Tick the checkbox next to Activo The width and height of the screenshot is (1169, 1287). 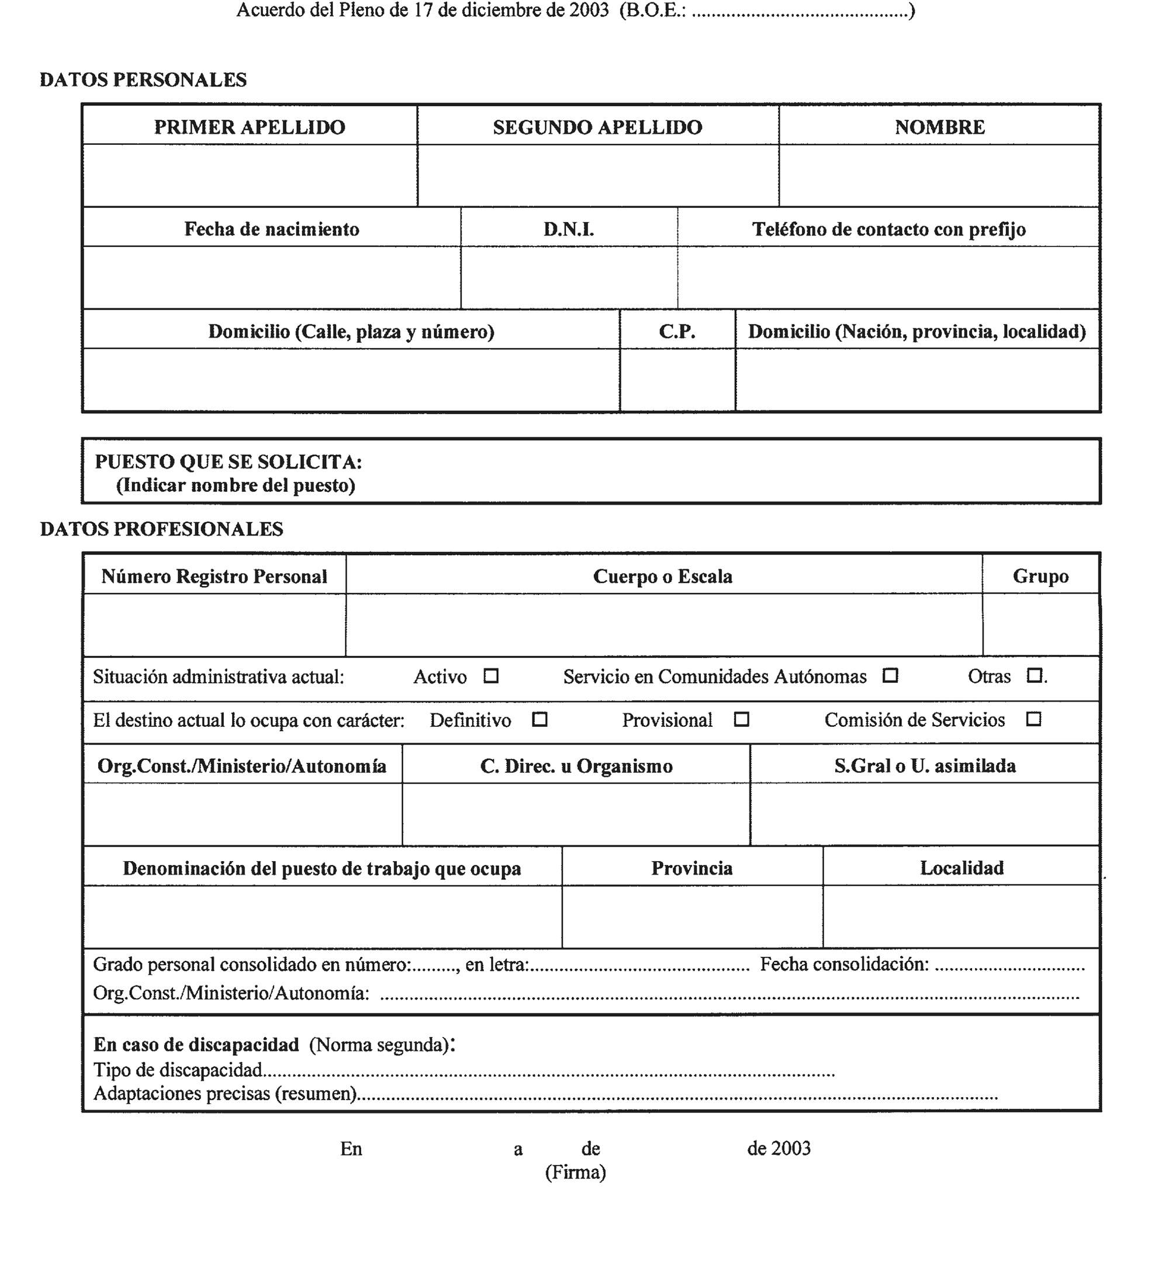coord(490,675)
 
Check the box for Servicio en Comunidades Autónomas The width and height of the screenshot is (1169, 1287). coord(890,675)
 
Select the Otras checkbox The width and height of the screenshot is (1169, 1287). coord(1034,675)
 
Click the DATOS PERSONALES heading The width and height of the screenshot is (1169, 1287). coord(143,80)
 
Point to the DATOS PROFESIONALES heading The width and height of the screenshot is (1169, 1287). coord(162,529)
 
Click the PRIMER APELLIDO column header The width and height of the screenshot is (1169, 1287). coord(250,127)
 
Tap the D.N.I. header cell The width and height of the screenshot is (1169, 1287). coord(569,229)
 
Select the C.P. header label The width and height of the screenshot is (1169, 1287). coord(677,331)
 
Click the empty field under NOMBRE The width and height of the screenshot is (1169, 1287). coord(939,176)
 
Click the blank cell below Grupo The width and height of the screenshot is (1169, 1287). coord(1040,625)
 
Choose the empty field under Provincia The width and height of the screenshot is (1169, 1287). coord(692,916)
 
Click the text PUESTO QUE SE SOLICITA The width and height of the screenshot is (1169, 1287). coord(229,462)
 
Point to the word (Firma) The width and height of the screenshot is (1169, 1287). coord(576,1172)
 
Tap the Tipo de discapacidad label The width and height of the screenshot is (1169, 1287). coord(178,1070)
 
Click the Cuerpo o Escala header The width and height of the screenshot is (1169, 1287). coord(662,577)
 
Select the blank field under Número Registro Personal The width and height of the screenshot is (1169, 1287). coord(215,625)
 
